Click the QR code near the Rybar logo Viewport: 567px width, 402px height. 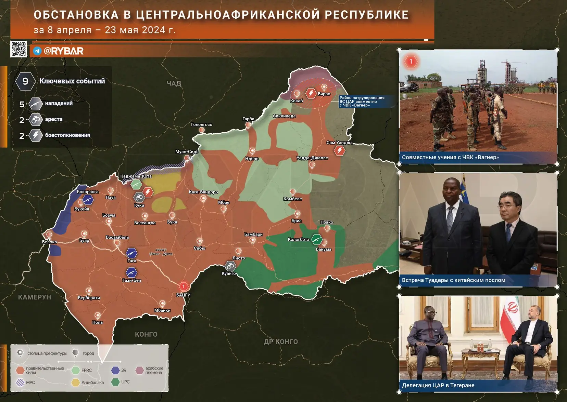(x=18, y=49)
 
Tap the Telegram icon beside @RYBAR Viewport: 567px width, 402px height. (x=37, y=51)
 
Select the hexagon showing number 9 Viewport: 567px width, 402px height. (x=25, y=81)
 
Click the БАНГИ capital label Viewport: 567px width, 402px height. (x=183, y=295)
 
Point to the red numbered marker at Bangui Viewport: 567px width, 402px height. (x=184, y=286)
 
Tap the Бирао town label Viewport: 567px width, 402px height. (x=324, y=94)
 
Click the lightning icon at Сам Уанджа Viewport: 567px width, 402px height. (x=339, y=150)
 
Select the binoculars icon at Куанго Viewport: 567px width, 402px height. (x=230, y=266)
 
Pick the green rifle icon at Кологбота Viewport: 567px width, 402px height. (x=316, y=239)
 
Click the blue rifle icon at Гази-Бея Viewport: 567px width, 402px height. (x=131, y=272)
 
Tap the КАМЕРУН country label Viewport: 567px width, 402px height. (x=35, y=297)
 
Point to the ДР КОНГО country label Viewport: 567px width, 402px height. (x=281, y=341)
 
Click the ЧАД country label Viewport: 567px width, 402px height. (x=174, y=83)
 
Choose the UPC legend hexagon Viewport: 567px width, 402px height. (x=115, y=382)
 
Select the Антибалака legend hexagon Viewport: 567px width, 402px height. (x=76, y=383)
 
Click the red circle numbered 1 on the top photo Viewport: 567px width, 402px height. (x=411, y=62)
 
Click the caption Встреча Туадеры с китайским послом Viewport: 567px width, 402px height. (x=453, y=280)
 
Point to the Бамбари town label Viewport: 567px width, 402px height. (x=253, y=234)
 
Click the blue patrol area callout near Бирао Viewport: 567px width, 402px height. (x=363, y=102)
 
